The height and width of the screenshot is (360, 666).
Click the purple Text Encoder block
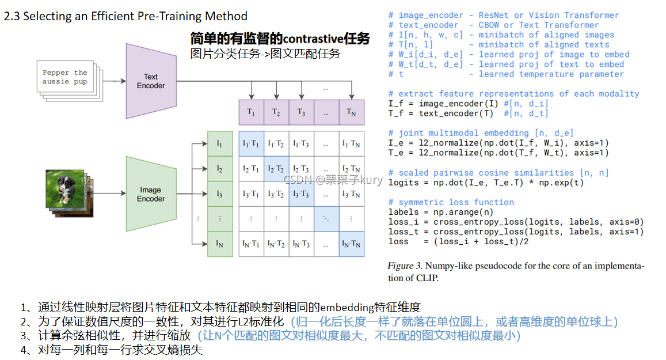pyautogui.click(x=150, y=81)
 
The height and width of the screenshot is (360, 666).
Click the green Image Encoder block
pyautogui.click(x=150, y=194)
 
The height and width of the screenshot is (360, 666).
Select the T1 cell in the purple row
pyautogui.click(x=251, y=112)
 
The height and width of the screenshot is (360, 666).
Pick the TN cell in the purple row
pyautogui.click(x=351, y=112)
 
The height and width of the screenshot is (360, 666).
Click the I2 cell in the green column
pyautogui.click(x=219, y=169)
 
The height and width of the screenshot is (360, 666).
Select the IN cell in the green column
pyautogui.click(x=219, y=244)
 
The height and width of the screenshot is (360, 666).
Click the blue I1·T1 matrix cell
pyautogui.click(x=251, y=144)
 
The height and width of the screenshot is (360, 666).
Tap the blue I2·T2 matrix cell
pyautogui.click(x=276, y=169)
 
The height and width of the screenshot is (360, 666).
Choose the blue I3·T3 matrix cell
pyautogui.click(x=301, y=194)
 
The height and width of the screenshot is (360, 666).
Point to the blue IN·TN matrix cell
pyautogui.click(x=351, y=244)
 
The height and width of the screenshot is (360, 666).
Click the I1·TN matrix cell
pyautogui.click(x=351, y=144)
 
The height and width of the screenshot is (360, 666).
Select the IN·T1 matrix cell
pyautogui.click(x=251, y=244)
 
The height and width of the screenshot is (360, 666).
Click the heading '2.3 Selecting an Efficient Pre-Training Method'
pyautogui.click(x=125, y=16)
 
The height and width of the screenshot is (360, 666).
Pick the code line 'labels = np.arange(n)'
pyautogui.click(x=440, y=212)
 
